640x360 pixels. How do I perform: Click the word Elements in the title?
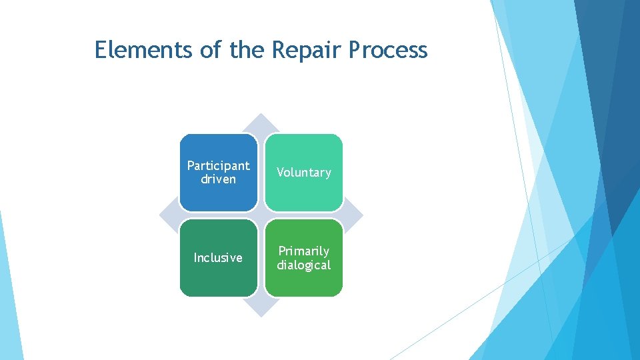coord(137,49)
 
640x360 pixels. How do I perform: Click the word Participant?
coord(218,165)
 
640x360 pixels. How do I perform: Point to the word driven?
coord(218,179)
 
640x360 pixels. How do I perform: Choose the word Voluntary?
coord(303,173)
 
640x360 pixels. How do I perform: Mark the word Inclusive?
coord(218,257)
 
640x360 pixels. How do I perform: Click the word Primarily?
coord(303,251)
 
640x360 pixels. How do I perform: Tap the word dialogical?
coord(303,265)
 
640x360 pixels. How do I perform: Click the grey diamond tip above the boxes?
coord(261,123)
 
